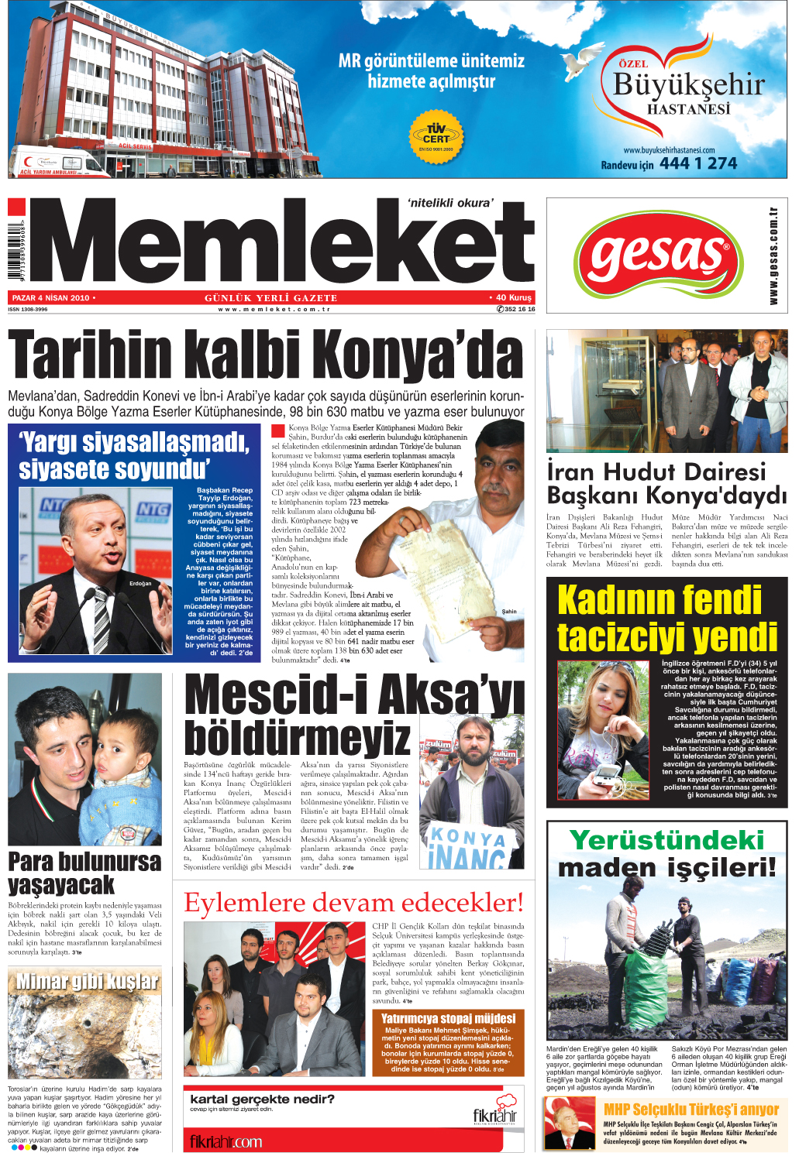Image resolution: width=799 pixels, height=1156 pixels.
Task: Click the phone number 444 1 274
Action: pos(698,163)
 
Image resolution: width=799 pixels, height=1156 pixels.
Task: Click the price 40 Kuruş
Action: pos(514,297)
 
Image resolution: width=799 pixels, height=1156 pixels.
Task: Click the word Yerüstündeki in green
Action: pos(666,840)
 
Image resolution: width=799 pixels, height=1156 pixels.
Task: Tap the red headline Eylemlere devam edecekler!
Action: pos(353,903)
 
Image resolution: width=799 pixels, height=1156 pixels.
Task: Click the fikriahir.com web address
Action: pos(226,1141)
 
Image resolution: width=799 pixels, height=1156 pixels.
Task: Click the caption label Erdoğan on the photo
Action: pos(140,583)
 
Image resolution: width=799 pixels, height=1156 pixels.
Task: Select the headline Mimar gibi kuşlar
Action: pos(87,982)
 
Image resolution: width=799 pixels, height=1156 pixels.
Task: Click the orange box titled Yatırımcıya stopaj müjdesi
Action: pos(448,1041)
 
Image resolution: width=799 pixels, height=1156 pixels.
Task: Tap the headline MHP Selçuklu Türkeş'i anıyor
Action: pos(691,1109)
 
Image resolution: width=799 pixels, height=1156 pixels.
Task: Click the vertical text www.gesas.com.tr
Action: pos(773,256)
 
